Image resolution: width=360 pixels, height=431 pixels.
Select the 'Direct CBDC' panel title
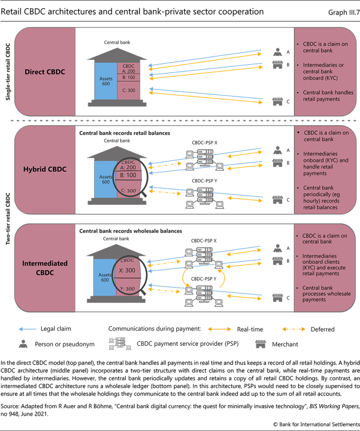(45, 72)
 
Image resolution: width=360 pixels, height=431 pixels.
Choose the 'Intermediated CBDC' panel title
(45, 268)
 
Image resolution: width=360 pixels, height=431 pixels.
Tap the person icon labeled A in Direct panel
(277, 52)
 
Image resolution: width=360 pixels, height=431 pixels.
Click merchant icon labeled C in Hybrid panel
(277, 199)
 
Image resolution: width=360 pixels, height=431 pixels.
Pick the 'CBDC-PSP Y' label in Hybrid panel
(204, 181)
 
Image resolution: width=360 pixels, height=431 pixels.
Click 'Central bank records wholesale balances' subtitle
(130, 231)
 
